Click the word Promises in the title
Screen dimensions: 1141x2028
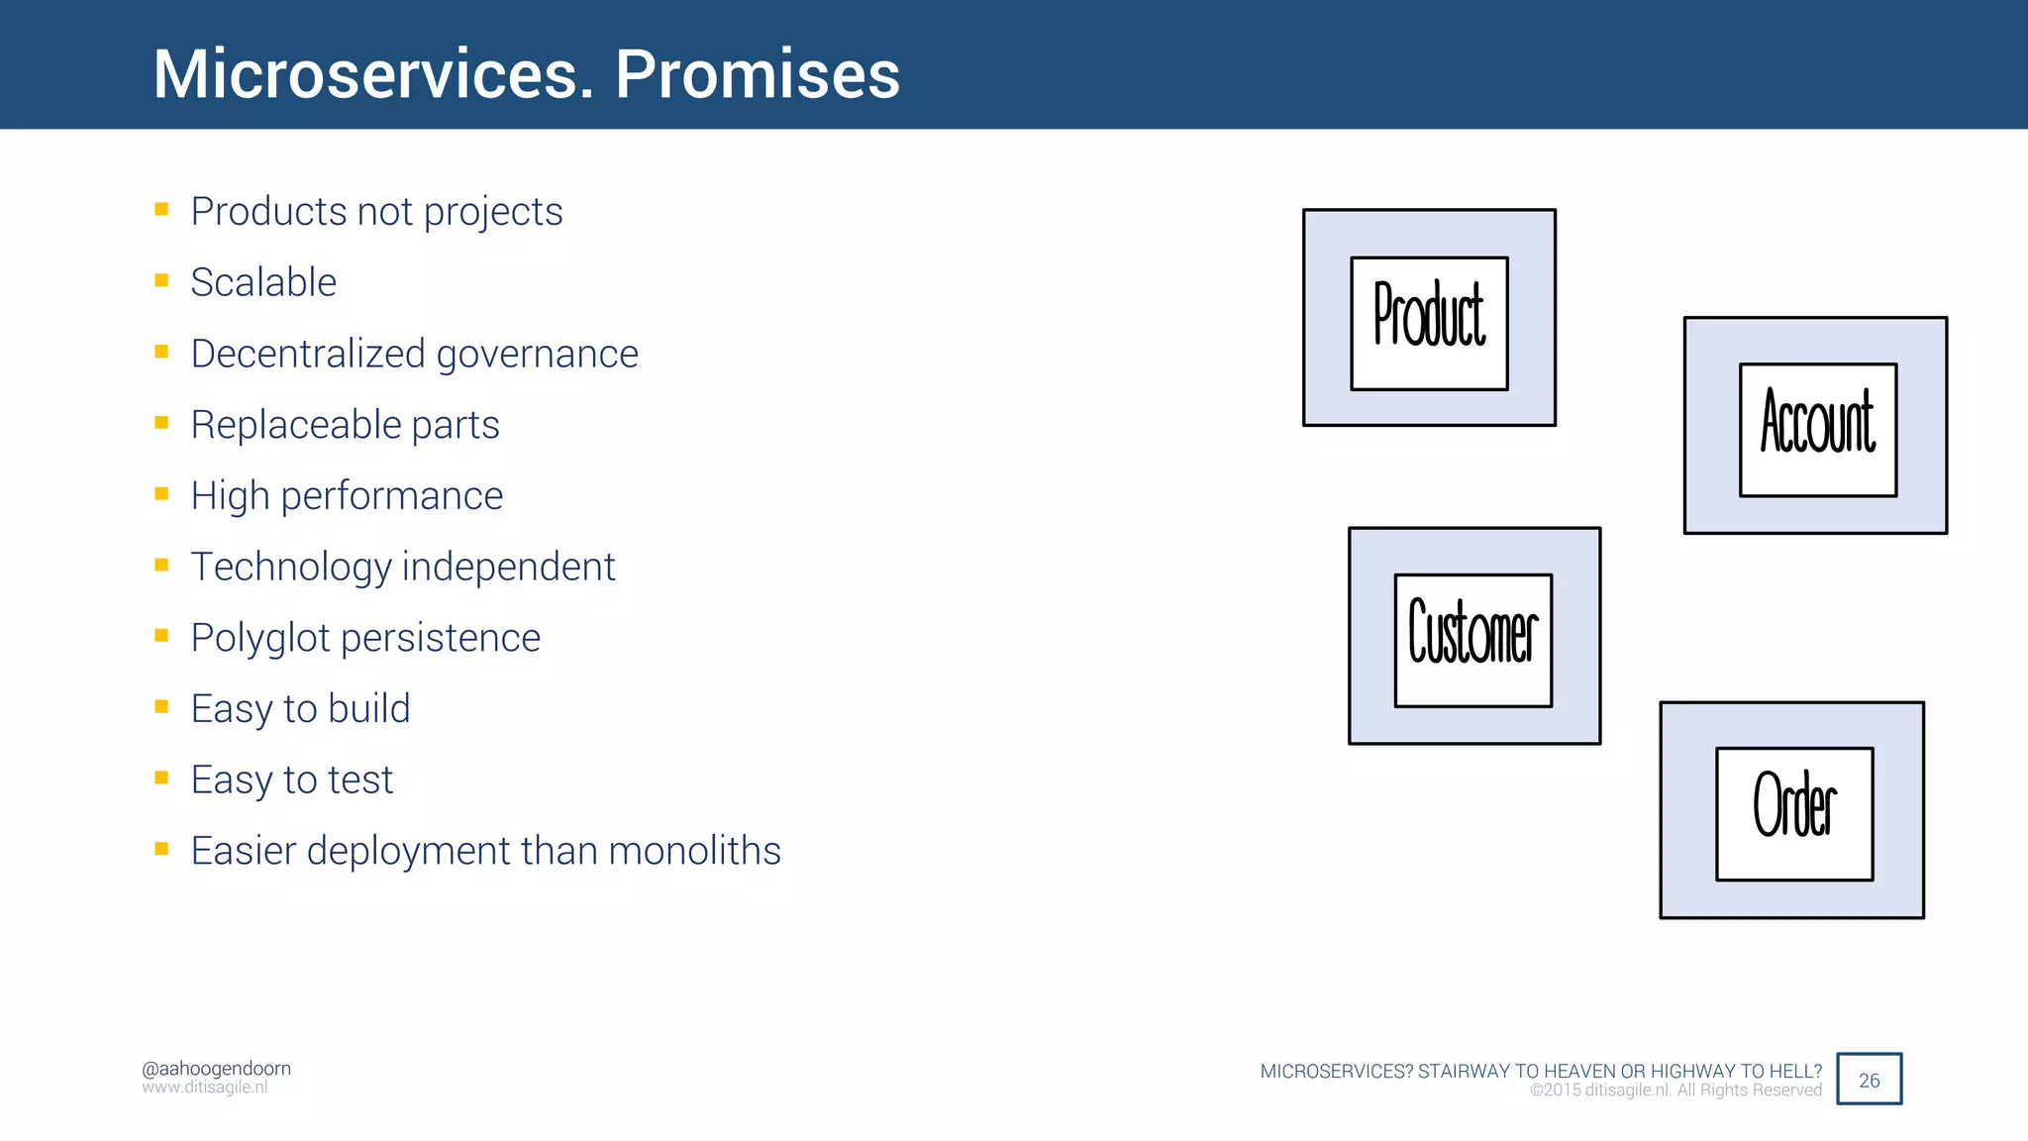pyautogui.click(x=758, y=74)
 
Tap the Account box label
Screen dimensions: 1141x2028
pyautogui.click(x=1818, y=424)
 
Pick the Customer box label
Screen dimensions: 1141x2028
pyautogui.click(x=1472, y=634)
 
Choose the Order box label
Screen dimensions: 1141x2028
pyautogui.click(x=1794, y=807)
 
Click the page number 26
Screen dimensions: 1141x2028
pyautogui.click(x=1869, y=1081)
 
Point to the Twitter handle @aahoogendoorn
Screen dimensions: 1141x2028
pyautogui.click(x=216, y=1069)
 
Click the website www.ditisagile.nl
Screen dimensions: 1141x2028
pyautogui.click(x=205, y=1088)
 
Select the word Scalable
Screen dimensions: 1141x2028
pyautogui.click(x=263, y=283)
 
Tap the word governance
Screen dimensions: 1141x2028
pyautogui.click(x=538, y=355)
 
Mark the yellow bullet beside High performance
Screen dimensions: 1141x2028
pyautogui.click(x=161, y=493)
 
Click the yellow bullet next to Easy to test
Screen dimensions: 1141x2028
pyautogui.click(x=161, y=778)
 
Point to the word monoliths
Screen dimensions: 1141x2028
pyautogui.click(x=694, y=851)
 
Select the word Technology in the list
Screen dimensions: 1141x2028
pyautogui.click(x=291, y=568)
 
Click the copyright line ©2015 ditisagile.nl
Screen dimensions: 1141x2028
pyautogui.click(x=1675, y=1090)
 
